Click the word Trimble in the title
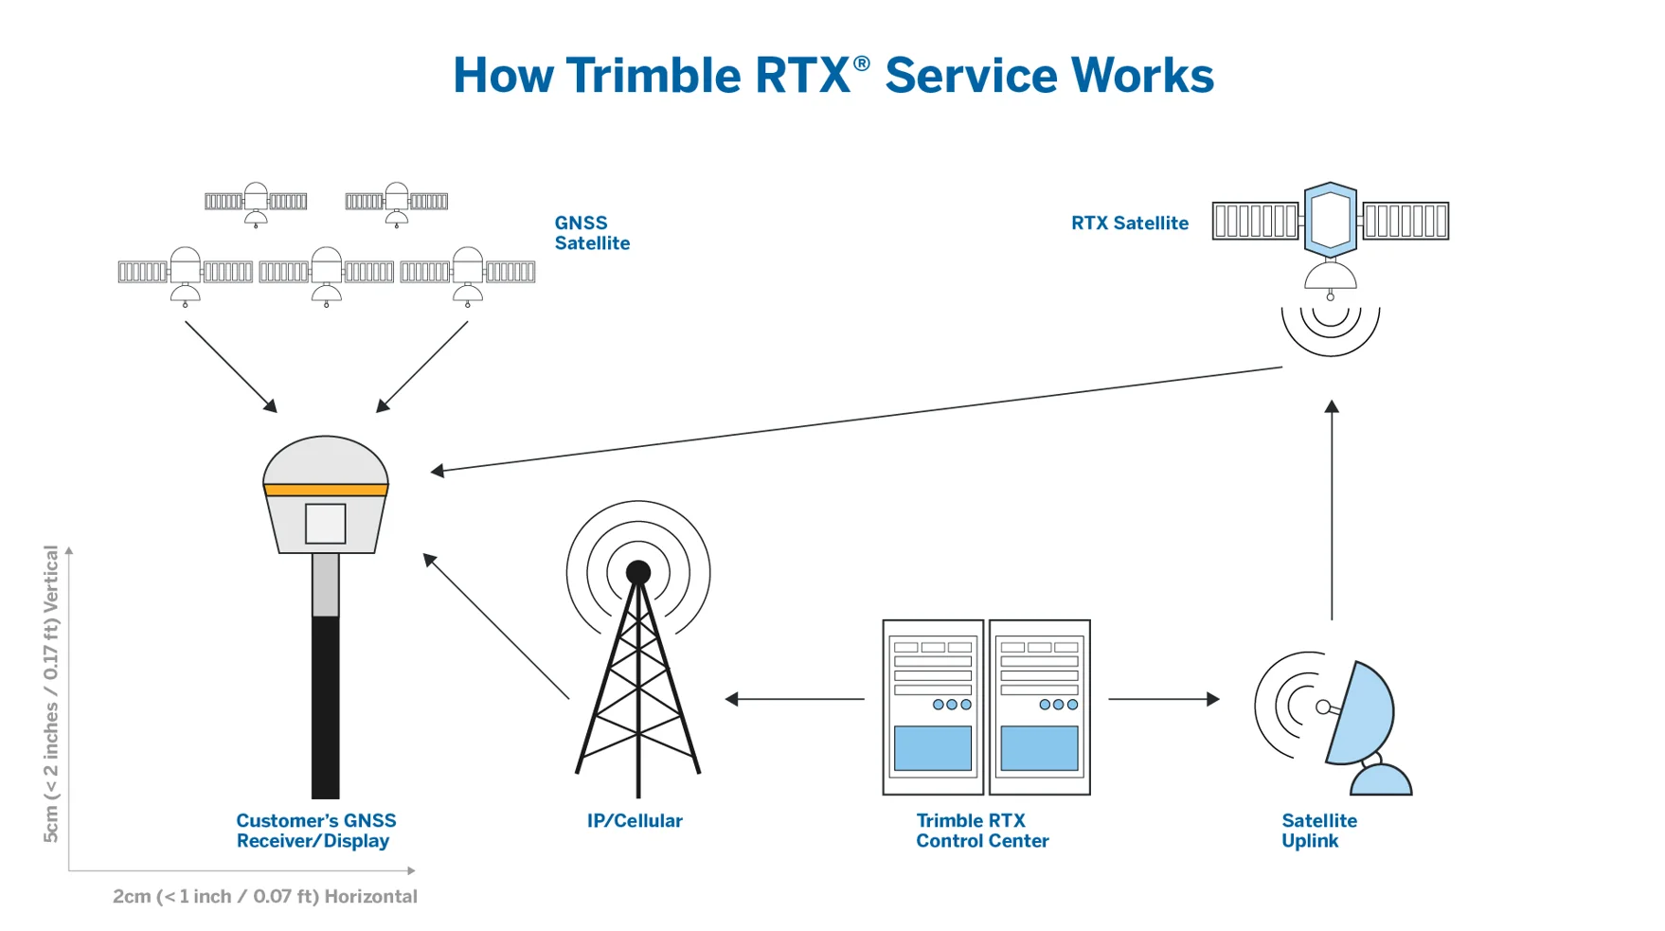click(x=653, y=76)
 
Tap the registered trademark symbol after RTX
click(x=861, y=63)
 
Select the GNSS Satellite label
click(x=591, y=233)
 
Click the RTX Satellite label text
click(x=1129, y=224)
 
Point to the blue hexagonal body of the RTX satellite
click(x=1330, y=220)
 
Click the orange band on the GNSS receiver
click(x=325, y=490)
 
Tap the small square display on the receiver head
click(x=325, y=524)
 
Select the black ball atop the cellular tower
click(x=638, y=572)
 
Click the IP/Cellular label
click(x=634, y=821)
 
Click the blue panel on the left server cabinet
click(x=932, y=747)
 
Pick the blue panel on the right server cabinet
click(x=1039, y=747)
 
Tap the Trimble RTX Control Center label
click(x=981, y=831)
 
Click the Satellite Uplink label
click(x=1318, y=831)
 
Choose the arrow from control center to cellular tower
click(x=795, y=699)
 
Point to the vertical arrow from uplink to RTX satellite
click(x=1332, y=511)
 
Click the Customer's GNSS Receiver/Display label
click(x=315, y=831)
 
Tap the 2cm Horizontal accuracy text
click(x=264, y=896)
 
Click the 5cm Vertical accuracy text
click(x=51, y=693)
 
